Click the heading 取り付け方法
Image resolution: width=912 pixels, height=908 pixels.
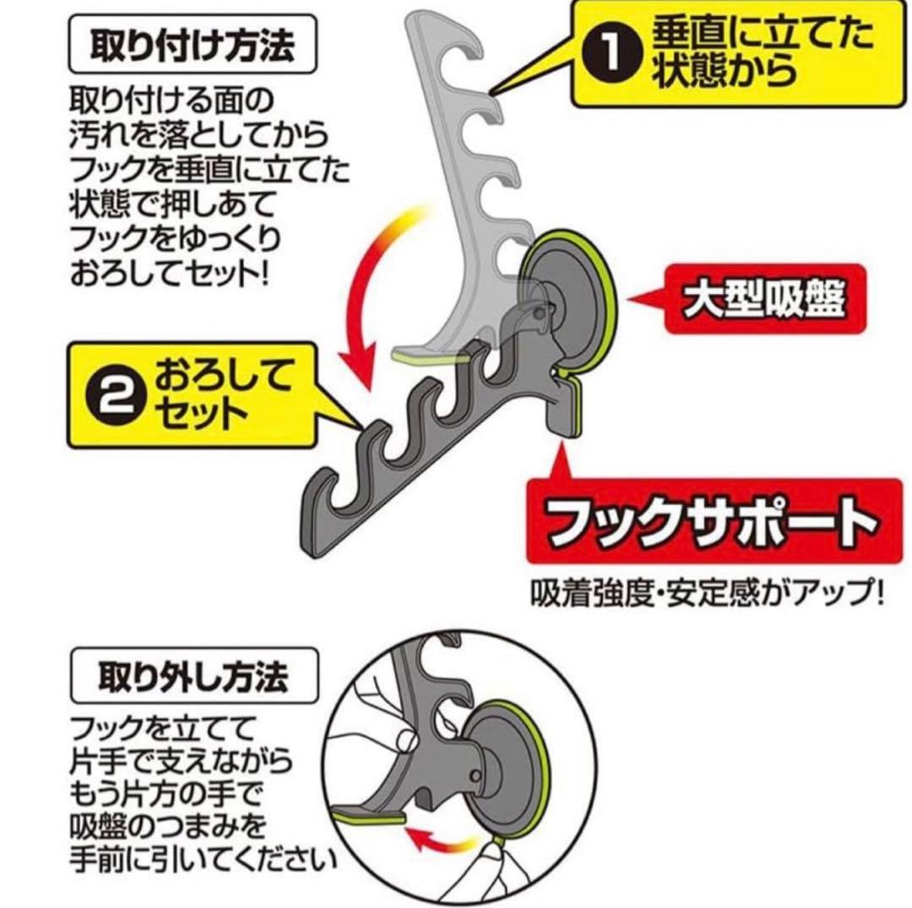193,46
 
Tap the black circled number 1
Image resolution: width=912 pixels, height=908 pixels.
611,53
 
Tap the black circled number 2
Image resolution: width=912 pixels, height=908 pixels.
113,399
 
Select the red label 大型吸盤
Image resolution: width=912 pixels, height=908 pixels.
764,300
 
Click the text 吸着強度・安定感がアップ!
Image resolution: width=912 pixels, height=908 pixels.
707,594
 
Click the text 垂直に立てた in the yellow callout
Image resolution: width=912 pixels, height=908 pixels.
763,32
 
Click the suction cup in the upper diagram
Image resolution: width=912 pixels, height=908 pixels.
570,302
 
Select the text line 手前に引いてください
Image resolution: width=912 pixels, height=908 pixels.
203,860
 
